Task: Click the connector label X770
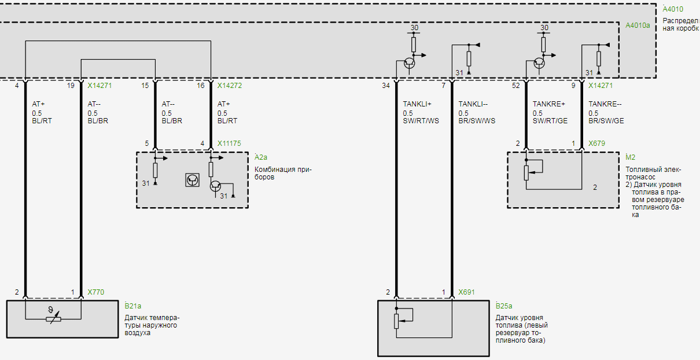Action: click(96, 292)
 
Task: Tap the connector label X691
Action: click(466, 292)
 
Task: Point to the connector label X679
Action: click(596, 143)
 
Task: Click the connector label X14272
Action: click(230, 86)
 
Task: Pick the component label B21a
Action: click(133, 306)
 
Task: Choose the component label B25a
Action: click(504, 306)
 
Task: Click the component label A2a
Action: click(261, 157)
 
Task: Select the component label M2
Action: click(631, 157)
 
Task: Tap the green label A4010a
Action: click(638, 25)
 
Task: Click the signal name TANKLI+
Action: click(417, 104)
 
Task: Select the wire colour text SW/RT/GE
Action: click(550, 121)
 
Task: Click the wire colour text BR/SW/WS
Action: click(477, 121)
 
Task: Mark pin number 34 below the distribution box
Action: click(386, 86)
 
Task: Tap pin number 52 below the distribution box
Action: click(515, 86)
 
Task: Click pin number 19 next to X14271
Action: click(71, 86)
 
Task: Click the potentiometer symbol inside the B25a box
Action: click(397, 320)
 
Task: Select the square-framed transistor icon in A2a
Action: click(192, 180)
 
